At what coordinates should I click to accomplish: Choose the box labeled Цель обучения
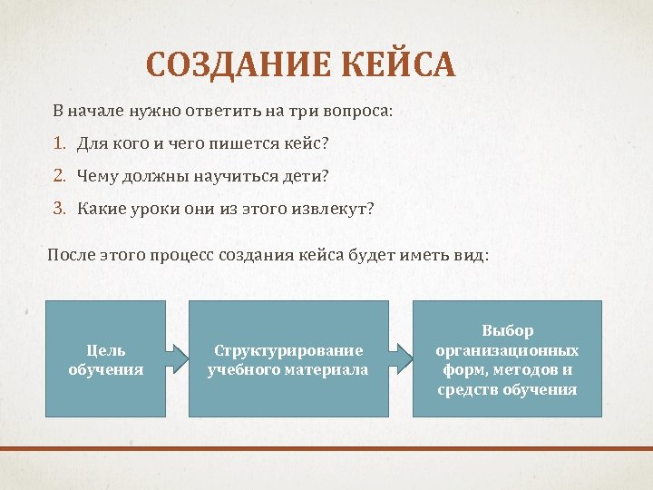point(105,359)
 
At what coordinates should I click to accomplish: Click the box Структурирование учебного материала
point(288,359)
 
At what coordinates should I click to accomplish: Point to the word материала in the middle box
point(326,369)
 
